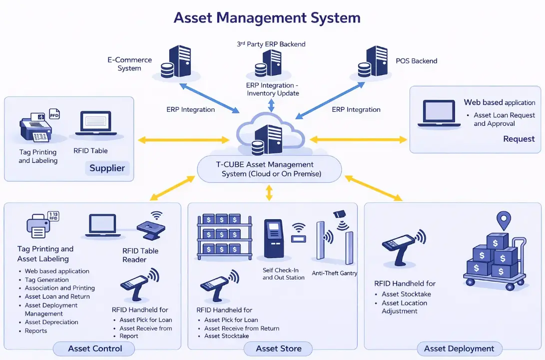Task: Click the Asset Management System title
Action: (x=267, y=18)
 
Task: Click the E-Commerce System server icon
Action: (x=177, y=62)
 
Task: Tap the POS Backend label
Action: (x=416, y=61)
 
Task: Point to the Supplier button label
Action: (x=107, y=168)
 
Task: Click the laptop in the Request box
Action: (x=439, y=114)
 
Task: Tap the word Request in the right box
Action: (x=519, y=139)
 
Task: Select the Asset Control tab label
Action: (x=95, y=349)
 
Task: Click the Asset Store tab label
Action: (x=278, y=349)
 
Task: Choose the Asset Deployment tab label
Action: (x=459, y=349)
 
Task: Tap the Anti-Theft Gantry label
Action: (x=335, y=273)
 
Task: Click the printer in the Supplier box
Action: (x=35, y=127)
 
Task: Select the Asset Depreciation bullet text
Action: (x=51, y=322)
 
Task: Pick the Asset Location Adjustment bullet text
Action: (x=404, y=307)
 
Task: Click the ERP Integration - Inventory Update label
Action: (x=272, y=89)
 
